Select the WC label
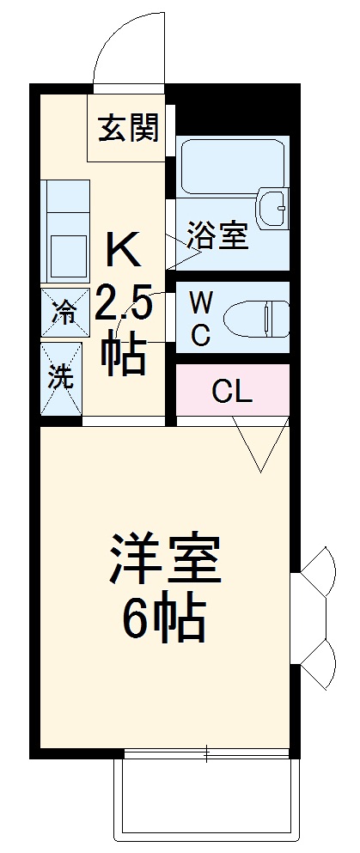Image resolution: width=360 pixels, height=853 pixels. click(x=200, y=319)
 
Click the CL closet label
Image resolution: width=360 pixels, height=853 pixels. click(x=232, y=393)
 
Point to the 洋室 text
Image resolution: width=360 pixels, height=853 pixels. click(x=165, y=559)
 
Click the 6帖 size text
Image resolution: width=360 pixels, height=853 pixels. click(x=164, y=618)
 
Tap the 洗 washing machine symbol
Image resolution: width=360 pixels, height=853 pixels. click(x=61, y=378)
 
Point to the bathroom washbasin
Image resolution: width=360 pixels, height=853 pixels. click(x=273, y=207)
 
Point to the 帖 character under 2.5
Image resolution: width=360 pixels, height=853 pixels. click(x=124, y=353)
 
